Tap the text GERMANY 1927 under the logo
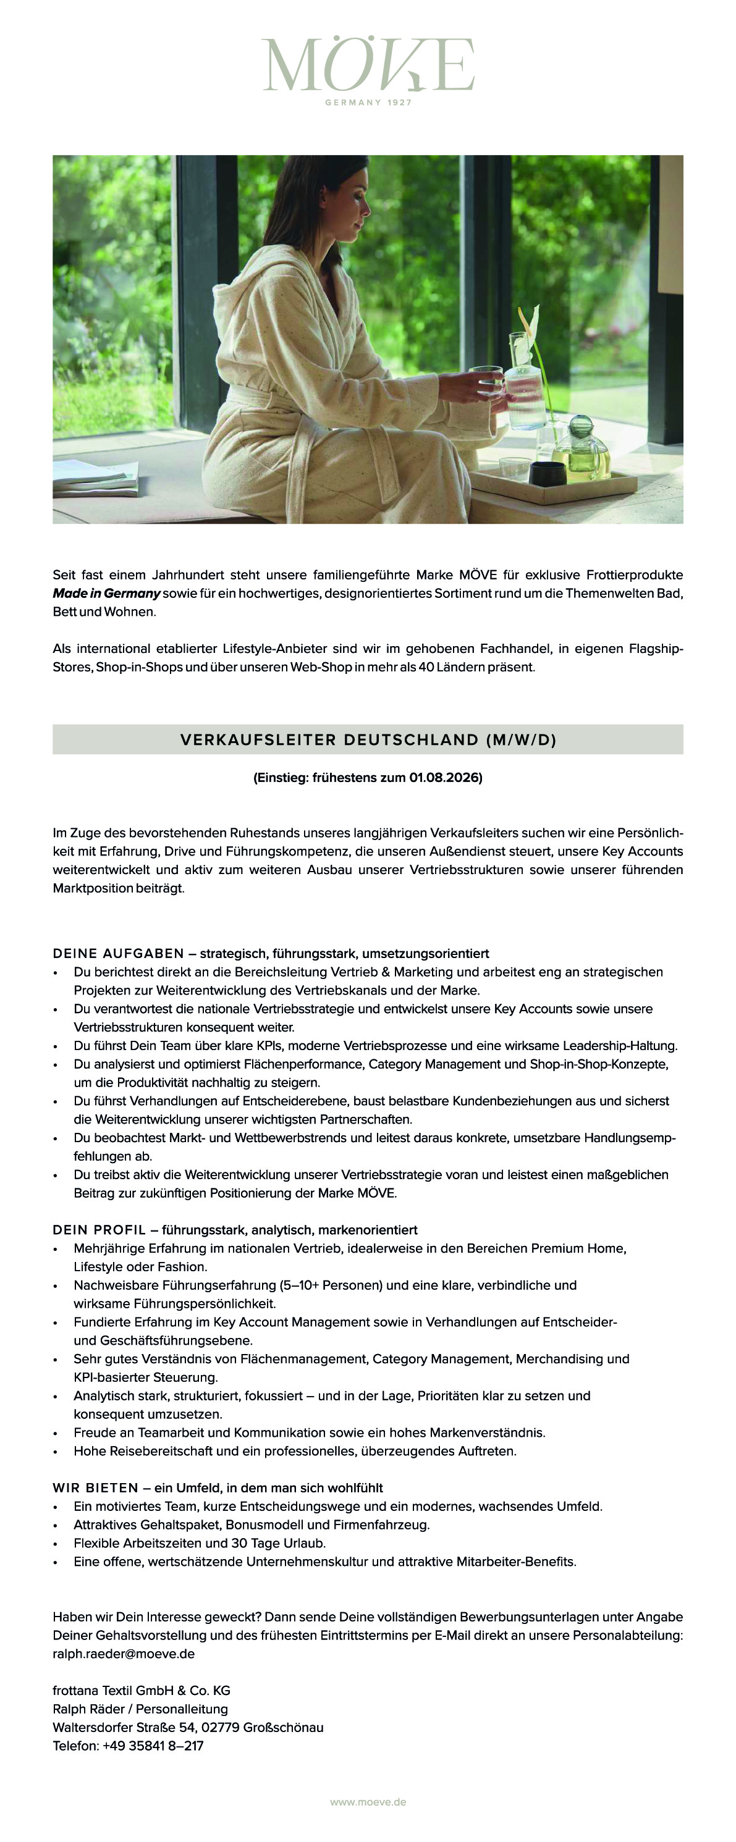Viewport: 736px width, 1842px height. pyautogui.click(x=368, y=103)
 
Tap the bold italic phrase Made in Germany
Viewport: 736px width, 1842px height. pyautogui.click(x=106, y=594)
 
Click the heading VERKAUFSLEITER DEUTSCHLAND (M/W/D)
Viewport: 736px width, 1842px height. pyautogui.click(x=368, y=739)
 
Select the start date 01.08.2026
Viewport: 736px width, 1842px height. pyautogui.click(x=445, y=777)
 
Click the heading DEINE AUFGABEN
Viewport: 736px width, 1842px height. pyautogui.click(x=118, y=953)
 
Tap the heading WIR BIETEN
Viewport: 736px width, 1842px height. pyautogui.click(x=95, y=1488)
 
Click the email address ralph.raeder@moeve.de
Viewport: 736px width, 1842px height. pyautogui.click(x=123, y=1654)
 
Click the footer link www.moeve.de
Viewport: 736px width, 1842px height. pyautogui.click(x=368, y=1802)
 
